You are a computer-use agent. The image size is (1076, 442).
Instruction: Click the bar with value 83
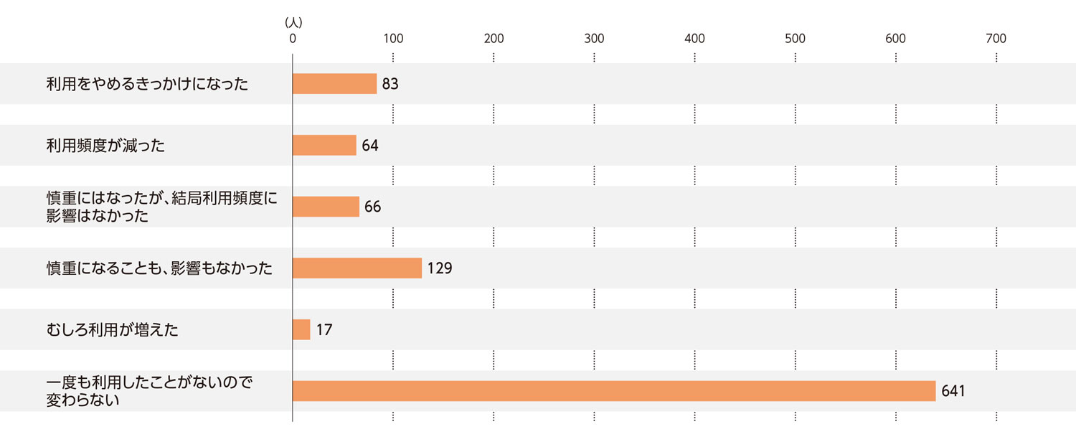tap(334, 84)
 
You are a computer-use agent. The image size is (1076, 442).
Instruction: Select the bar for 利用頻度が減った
tap(324, 146)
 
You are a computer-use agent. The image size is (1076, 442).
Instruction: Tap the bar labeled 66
tap(326, 207)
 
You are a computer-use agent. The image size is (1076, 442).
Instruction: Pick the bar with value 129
tap(357, 268)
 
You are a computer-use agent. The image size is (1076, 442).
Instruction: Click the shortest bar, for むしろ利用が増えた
tap(301, 330)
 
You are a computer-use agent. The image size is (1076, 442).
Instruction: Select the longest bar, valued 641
tap(614, 391)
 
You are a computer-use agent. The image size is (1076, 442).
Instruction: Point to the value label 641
tap(953, 391)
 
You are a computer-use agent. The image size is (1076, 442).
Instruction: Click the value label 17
tap(324, 330)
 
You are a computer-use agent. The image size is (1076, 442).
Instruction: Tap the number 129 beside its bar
tap(440, 268)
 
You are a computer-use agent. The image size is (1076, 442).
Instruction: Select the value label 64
tap(370, 146)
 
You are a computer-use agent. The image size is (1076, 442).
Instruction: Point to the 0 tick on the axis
tap(293, 39)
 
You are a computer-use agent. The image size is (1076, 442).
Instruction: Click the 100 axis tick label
tap(393, 39)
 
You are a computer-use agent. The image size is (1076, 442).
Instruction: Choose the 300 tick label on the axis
tap(594, 39)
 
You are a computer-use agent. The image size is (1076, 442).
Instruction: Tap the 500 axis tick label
tap(795, 39)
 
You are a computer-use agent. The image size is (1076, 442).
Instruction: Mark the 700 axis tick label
tap(996, 39)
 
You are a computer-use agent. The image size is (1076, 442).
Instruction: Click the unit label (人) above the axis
tap(293, 23)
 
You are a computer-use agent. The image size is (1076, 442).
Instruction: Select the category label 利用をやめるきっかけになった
tap(147, 84)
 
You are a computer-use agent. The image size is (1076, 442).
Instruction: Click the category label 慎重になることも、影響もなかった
tap(159, 268)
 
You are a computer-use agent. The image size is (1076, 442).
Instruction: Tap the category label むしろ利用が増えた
tap(112, 330)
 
